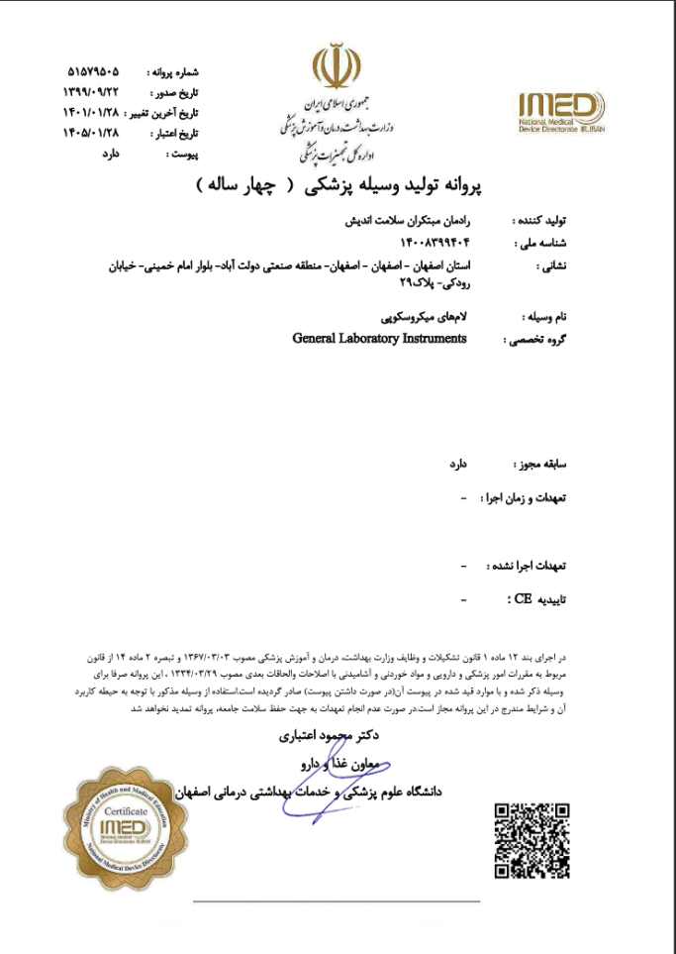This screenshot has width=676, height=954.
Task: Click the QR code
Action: tap(531, 840)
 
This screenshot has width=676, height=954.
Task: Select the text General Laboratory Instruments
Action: tap(379, 338)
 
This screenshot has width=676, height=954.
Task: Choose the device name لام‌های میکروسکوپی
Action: tap(424, 317)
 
